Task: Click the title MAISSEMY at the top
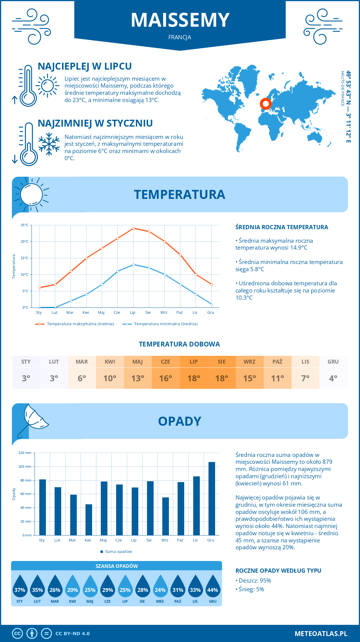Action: coord(180,20)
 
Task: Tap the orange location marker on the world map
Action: coord(265,104)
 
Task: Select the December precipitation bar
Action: coord(212,498)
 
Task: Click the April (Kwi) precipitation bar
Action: coord(89,520)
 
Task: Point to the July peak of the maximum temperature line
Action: coord(133,228)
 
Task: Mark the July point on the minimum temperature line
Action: coord(133,265)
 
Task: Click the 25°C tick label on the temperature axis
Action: coord(25,225)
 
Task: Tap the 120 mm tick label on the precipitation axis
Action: coord(25,453)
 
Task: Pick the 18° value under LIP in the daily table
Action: coord(193,378)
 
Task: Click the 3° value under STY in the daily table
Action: coord(26,378)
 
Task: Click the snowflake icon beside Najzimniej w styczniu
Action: coord(49,144)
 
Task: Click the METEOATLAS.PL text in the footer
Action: coord(321,634)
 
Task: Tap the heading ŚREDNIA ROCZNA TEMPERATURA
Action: coord(282,227)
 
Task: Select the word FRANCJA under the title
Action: coord(180,37)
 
